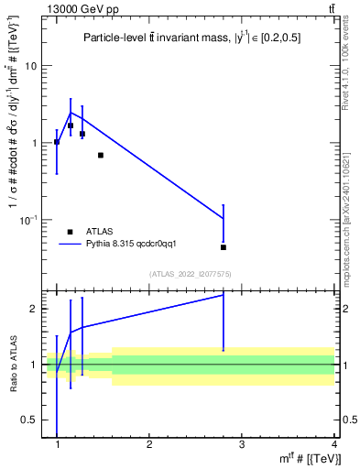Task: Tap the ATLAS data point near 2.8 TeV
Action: point(224,247)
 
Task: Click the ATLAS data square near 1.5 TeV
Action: point(100,155)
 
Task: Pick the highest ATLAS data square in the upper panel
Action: point(71,125)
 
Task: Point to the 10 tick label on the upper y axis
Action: point(30,66)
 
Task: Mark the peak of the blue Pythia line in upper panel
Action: point(71,113)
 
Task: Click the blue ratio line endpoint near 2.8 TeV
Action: point(224,295)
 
